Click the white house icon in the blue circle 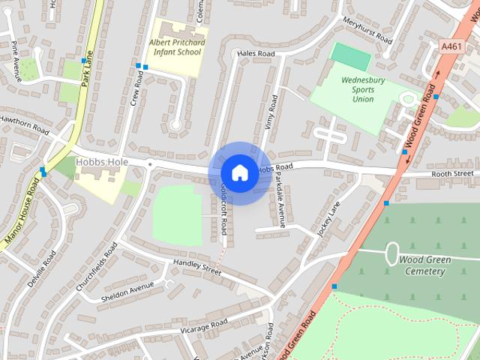239,172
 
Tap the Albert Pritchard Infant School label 175,48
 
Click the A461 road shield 451,46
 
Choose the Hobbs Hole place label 102,162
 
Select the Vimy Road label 271,112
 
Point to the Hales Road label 256,54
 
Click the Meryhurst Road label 367,30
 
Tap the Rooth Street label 452,174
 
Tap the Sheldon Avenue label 127,289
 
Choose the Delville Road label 41,270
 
